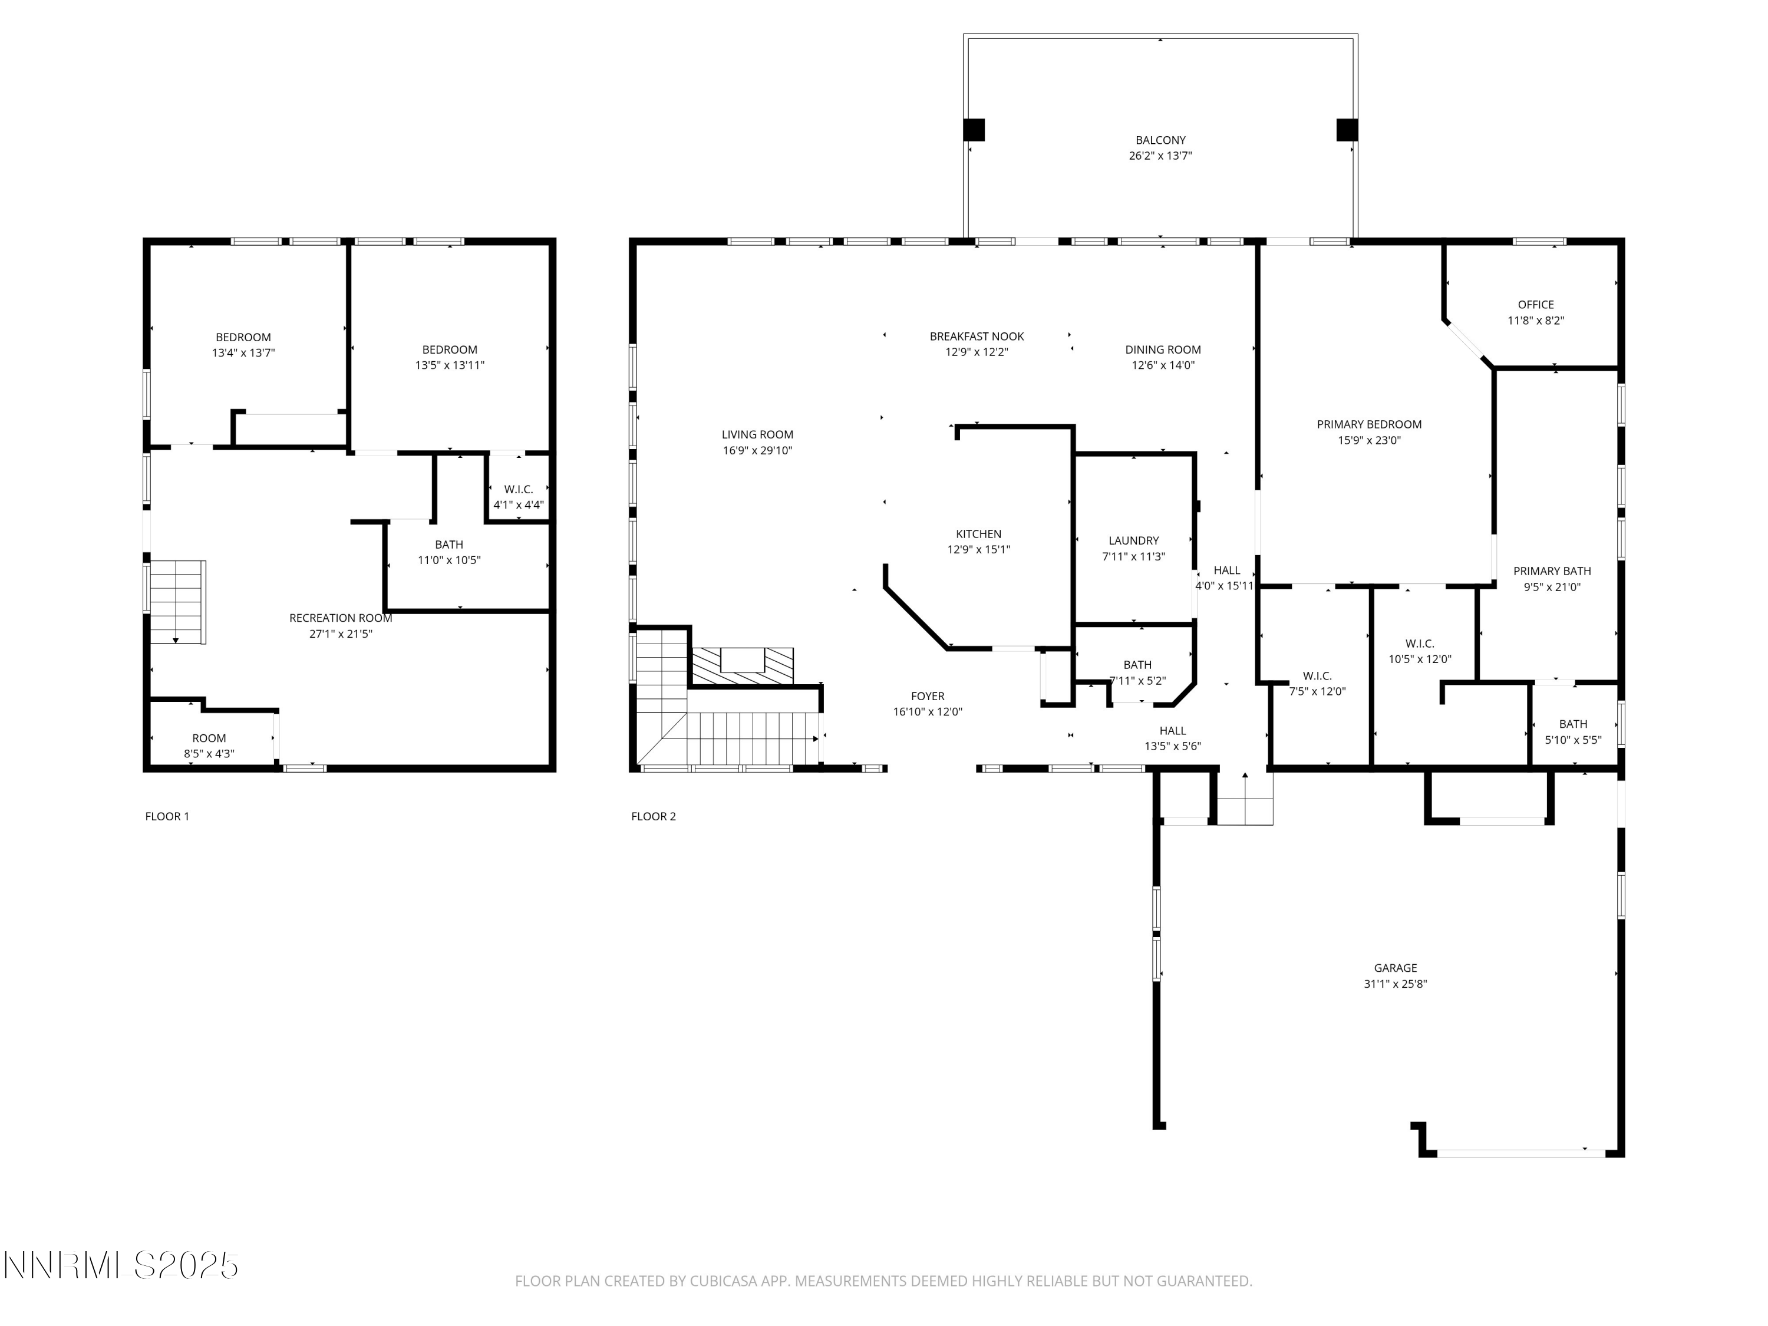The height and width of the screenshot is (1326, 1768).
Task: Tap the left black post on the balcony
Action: point(974,130)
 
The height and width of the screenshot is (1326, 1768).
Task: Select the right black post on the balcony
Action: point(1347,130)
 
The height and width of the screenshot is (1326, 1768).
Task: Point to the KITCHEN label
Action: point(978,534)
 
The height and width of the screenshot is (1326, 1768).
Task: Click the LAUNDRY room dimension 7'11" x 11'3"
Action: point(1133,557)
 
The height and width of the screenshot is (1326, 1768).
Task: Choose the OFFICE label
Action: point(1535,305)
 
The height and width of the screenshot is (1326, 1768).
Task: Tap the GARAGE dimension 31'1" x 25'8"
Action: point(1395,984)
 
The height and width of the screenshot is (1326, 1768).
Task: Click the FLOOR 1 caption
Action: point(167,816)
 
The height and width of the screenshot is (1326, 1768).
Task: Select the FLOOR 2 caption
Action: point(653,816)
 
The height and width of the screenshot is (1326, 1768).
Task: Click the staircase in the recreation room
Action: point(178,602)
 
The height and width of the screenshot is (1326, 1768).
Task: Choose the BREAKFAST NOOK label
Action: point(976,337)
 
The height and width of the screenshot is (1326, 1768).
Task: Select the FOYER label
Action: point(927,696)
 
